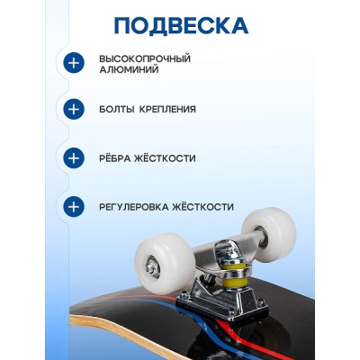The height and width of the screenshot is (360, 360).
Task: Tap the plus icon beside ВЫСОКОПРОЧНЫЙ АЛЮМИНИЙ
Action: pyautogui.click(x=73, y=63)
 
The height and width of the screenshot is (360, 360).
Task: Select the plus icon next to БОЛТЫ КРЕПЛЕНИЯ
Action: pyautogui.click(x=73, y=110)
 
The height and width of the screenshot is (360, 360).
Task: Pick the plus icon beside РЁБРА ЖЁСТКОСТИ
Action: pyautogui.click(x=73, y=157)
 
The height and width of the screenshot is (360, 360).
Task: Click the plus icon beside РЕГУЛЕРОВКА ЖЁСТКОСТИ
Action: pyautogui.click(x=73, y=206)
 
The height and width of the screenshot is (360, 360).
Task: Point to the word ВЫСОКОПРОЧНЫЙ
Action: pyautogui.click(x=145, y=58)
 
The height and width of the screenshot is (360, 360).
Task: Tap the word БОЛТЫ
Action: pyautogui.click(x=117, y=110)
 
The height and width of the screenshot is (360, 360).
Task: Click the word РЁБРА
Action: pyautogui.click(x=117, y=157)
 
